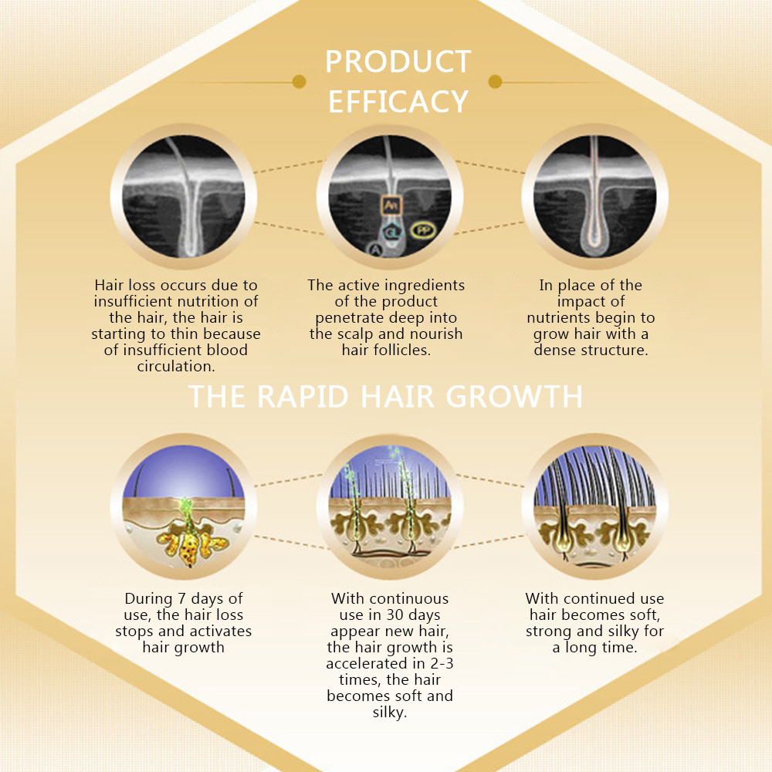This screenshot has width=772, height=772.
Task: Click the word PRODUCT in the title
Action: pos(398,63)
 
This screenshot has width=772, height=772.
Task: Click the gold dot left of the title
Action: pos(300,82)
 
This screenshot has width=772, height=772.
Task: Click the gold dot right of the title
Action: pos(496,82)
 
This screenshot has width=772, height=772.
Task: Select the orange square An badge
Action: pos(391,205)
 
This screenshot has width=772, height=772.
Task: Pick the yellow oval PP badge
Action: pos(422,230)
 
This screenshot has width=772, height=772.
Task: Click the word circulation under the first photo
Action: pos(175,367)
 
